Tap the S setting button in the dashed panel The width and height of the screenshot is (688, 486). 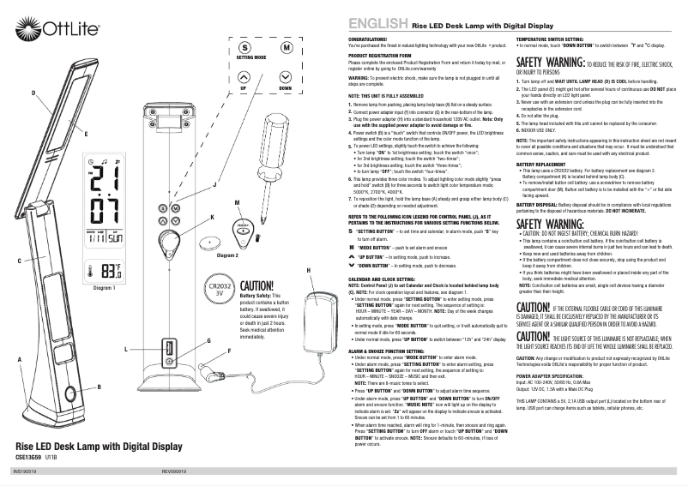coord(244,48)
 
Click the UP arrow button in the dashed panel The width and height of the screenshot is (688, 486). coord(244,75)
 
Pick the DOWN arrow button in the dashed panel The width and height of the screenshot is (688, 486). coord(285,75)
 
